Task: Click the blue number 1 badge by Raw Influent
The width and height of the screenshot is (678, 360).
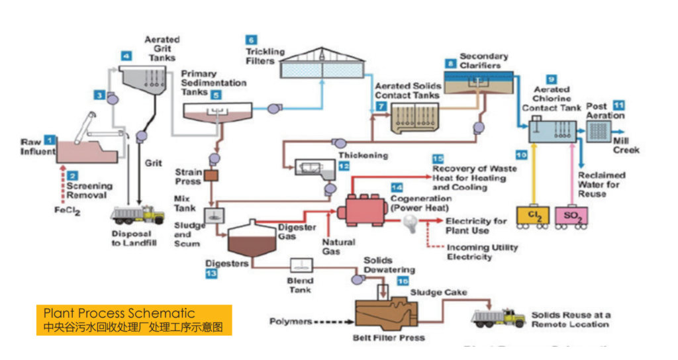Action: [x=48, y=140]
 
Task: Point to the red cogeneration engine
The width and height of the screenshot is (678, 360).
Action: [x=362, y=209]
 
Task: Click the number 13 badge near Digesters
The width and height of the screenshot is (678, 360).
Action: [x=211, y=273]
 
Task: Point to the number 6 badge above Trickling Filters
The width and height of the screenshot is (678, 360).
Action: [x=252, y=39]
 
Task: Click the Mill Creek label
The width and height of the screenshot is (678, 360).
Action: [x=626, y=146]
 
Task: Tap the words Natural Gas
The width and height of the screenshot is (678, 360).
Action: [x=338, y=247]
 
